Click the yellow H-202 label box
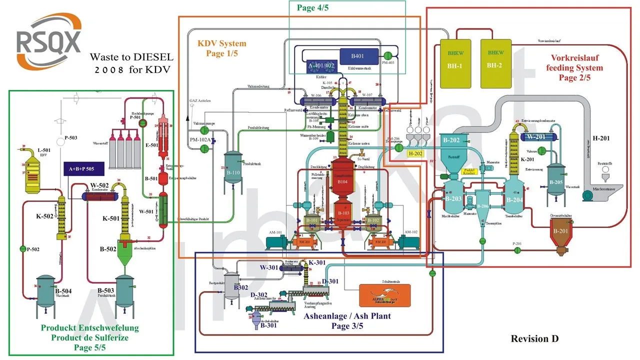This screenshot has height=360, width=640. [415, 153]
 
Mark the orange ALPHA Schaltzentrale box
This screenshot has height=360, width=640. [385, 295]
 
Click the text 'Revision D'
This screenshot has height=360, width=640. [534, 338]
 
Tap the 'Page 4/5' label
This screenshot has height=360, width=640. [312, 7]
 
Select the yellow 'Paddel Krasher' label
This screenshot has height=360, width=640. [469, 171]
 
